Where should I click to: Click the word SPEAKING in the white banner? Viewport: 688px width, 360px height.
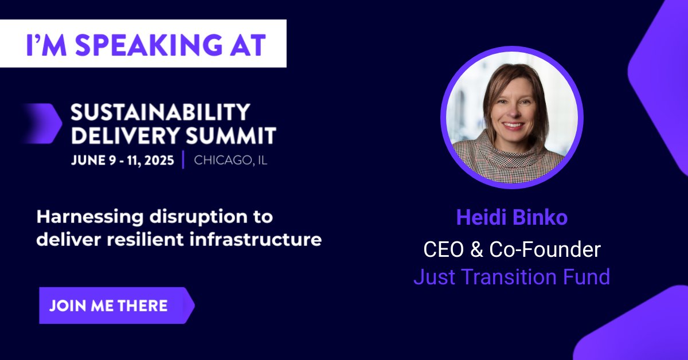tap(148, 44)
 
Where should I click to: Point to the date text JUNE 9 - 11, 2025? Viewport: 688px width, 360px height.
tap(123, 160)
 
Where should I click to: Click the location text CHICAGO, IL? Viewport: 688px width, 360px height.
tap(230, 160)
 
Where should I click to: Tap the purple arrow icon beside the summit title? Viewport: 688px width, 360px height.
tap(43, 123)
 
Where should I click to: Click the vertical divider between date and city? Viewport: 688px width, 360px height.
tap(183, 160)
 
